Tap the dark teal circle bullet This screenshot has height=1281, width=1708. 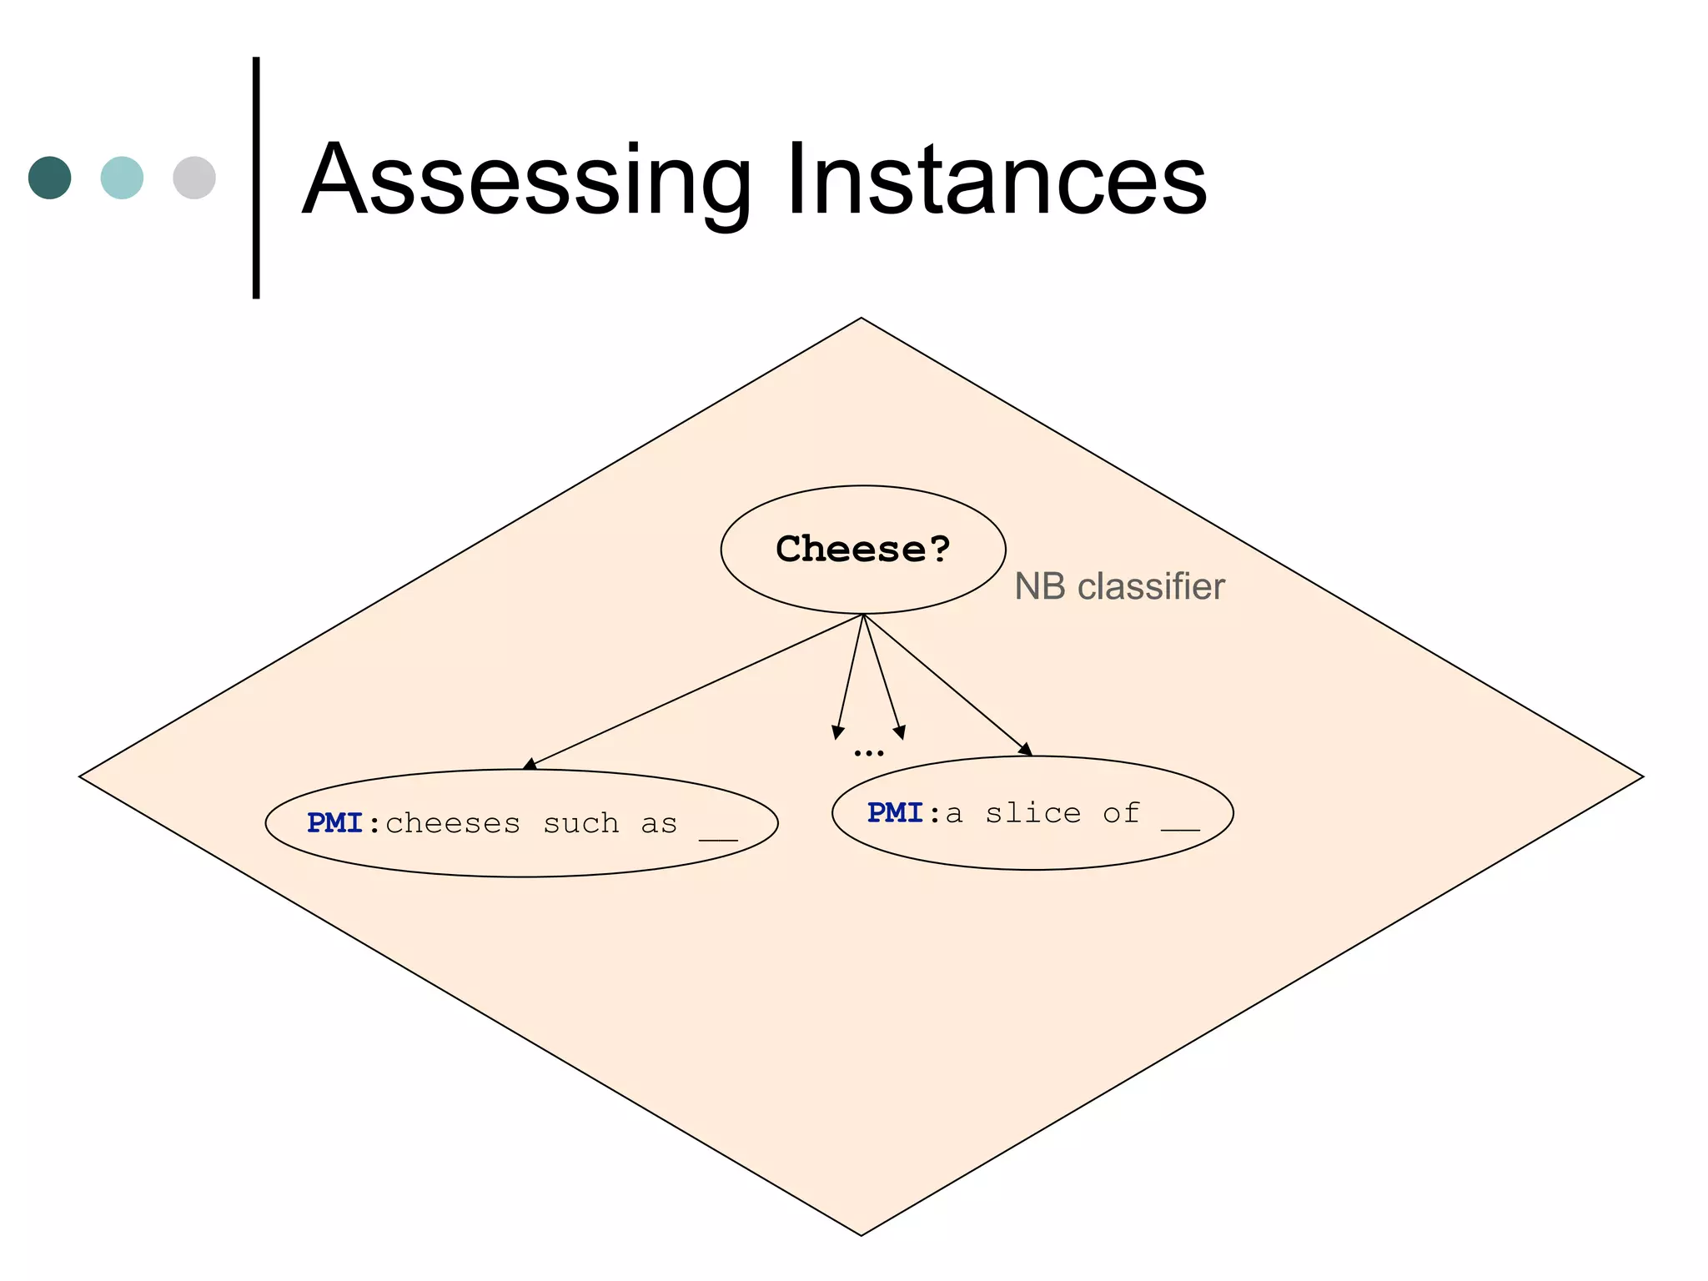click(x=50, y=178)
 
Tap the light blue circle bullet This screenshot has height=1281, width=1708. click(x=122, y=178)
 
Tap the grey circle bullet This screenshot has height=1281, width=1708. click(x=194, y=178)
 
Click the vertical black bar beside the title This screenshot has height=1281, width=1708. click(x=256, y=178)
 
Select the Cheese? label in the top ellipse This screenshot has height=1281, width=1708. click(x=862, y=549)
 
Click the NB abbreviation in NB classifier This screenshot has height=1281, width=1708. click(x=1040, y=586)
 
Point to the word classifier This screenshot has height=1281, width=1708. click(x=1151, y=586)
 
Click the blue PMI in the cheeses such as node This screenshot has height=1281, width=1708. click(x=334, y=823)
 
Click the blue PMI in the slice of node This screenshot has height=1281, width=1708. click(x=895, y=812)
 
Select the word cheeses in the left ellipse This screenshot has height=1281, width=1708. click(x=453, y=824)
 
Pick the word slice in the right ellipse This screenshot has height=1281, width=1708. click(x=1032, y=812)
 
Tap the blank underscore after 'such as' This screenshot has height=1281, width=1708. click(x=718, y=836)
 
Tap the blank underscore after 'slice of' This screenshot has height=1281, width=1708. click(x=1180, y=826)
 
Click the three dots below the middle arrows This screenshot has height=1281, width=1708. click(x=868, y=753)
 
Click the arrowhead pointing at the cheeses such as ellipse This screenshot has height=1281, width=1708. click(x=530, y=764)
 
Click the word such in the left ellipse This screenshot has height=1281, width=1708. click(x=581, y=824)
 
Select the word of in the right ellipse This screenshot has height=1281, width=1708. click(x=1121, y=812)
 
